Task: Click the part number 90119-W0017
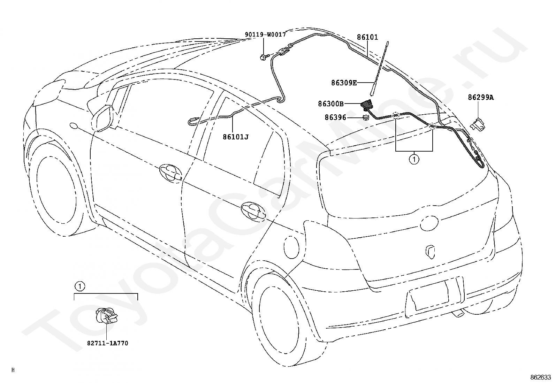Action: tap(265, 35)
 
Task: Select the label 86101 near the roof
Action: tap(367, 37)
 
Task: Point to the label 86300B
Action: tap(330, 104)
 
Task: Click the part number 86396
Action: tap(335, 117)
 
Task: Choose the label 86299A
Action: tap(481, 98)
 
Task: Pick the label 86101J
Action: tap(236, 137)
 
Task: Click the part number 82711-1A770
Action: tap(108, 343)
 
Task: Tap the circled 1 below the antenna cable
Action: tap(414, 160)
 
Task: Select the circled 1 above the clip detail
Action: tap(79, 286)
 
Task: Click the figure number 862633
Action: tap(540, 377)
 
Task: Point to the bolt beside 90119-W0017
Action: tap(264, 56)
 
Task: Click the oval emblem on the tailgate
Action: tap(429, 222)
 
